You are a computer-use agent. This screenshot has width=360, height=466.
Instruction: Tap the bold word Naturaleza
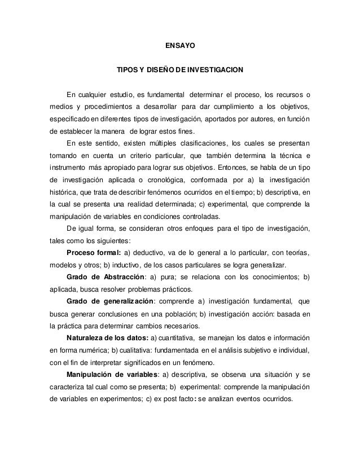pos(90,338)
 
